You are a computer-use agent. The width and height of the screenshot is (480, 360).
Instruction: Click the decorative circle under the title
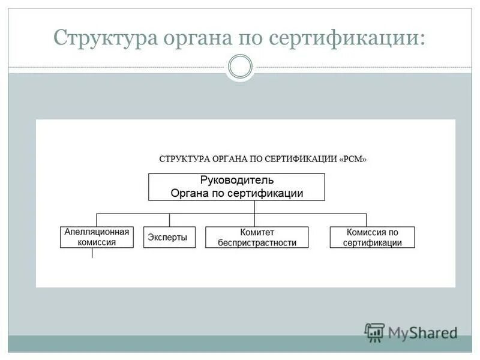(x=240, y=67)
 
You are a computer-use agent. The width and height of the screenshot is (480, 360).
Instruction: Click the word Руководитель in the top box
(x=236, y=180)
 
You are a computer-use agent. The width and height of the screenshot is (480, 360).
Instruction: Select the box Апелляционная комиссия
(x=96, y=237)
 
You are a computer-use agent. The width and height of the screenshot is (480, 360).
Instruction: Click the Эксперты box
(x=169, y=237)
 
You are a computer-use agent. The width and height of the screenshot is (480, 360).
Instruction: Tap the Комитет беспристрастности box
(x=257, y=237)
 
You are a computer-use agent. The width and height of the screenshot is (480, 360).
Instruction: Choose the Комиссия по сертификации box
(x=372, y=237)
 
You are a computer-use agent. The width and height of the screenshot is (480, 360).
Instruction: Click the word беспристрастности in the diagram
(x=257, y=243)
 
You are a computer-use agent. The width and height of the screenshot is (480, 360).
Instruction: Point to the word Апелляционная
(x=96, y=232)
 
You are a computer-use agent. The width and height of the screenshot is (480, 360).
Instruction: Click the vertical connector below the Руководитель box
(x=254, y=206)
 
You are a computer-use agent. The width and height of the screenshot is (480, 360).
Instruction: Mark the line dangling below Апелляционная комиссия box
(x=92, y=253)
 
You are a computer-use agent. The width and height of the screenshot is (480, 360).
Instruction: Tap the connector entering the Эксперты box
(x=169, y=220)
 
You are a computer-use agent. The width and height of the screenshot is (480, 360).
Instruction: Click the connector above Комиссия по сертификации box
(x=366, y=220)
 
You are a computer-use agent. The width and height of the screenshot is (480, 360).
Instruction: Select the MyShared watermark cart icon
(x=374, y=332)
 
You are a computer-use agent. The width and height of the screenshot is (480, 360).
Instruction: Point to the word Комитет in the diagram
(x=257, y=232)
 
